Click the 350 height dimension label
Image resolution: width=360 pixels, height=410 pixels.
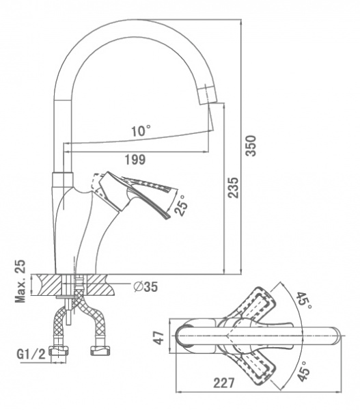pyautogui.click(x=251, y=146)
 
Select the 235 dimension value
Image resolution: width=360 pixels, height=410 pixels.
pyautogui.click(x=233, y=188)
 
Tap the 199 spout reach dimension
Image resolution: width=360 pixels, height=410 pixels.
pyautogui.click(x=135, y=159)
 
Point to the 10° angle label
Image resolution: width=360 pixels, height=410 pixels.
pyautogui.click(x=141, y=131)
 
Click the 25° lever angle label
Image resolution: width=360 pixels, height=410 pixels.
pyautogui.click(x=182, y=205)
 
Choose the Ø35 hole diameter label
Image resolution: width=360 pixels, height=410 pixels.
pyautogui.click(x=146, y=287)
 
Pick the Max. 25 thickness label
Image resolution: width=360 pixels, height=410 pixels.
pyautogui.click(x=20, y=282)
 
